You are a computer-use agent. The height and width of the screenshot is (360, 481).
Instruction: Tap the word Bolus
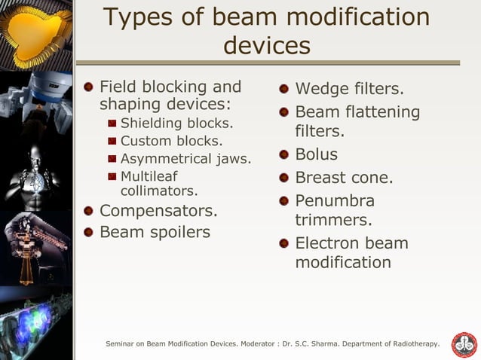point(316,155)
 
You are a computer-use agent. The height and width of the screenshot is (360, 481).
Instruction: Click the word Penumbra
point(335,202)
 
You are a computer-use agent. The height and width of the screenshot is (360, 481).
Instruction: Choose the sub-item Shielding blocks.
point(176,123)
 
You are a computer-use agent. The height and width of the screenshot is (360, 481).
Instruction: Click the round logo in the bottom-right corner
point(463,345)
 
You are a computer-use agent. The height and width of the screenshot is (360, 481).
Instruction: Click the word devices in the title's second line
point(267,45)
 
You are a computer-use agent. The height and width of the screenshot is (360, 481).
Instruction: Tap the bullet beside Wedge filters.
point(283,90)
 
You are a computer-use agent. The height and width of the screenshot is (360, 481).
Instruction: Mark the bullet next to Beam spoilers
point(88,232)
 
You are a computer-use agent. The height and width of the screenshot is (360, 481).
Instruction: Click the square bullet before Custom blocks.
point(112,141)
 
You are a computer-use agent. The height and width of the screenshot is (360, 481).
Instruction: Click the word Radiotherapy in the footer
point(415,344)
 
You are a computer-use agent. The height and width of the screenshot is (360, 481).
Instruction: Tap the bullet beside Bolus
point(283,155)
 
